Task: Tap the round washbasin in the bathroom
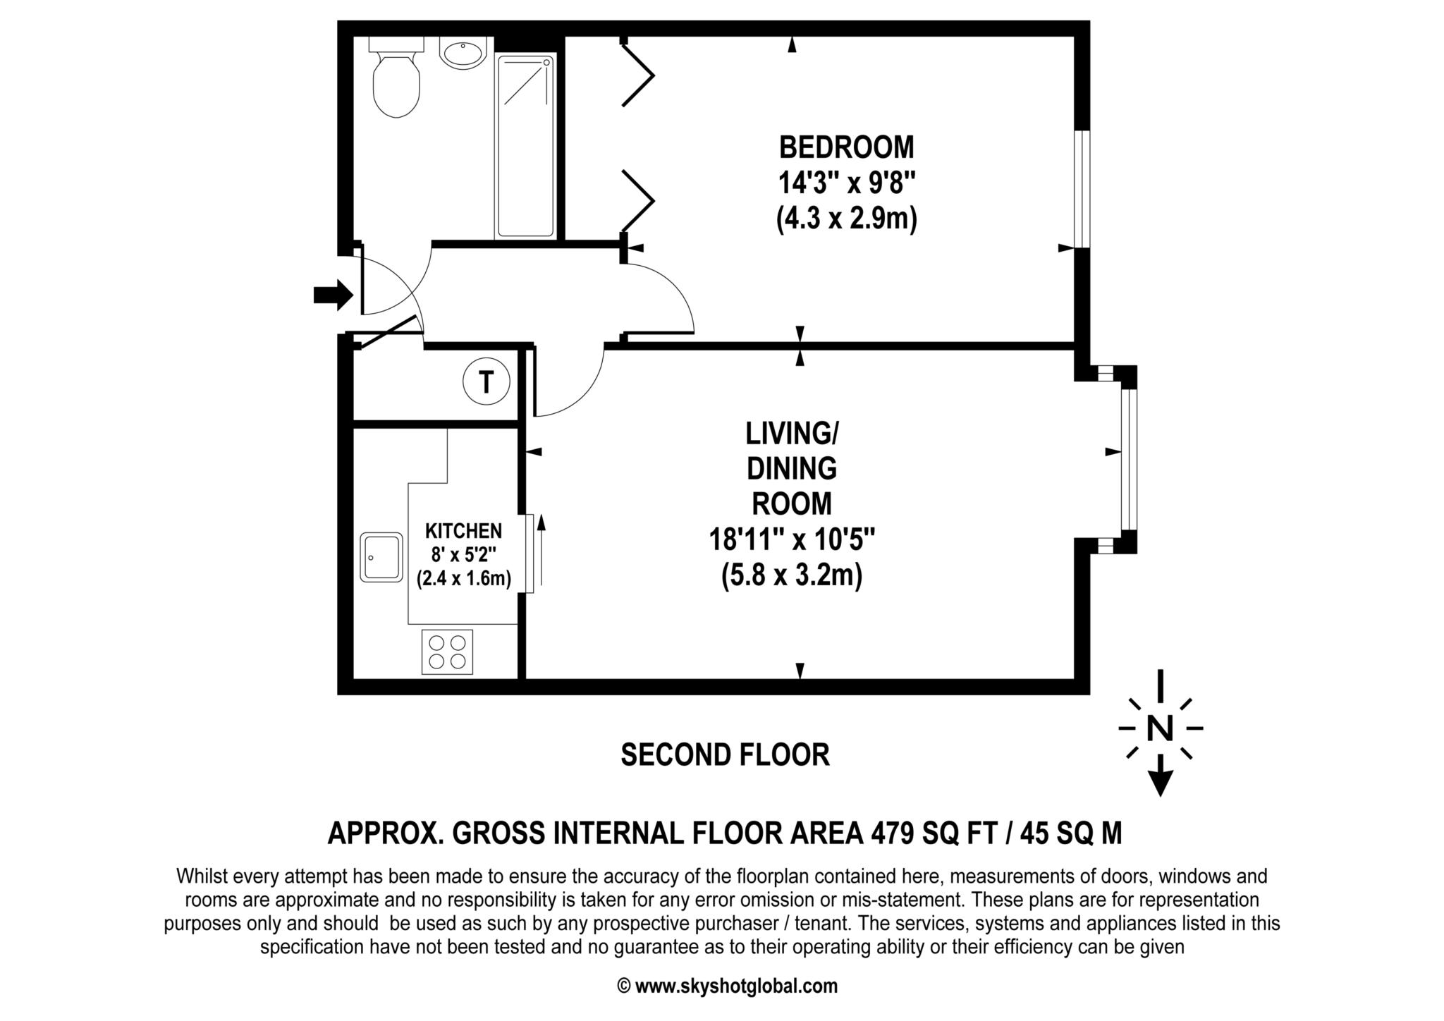(x=462, y=53)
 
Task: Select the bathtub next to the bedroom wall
(x=525, y=146)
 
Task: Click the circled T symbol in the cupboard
(x=486, y=382)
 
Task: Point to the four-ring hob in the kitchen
(x=448, y=652)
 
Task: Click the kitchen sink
(x=381, y=557)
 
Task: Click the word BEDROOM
(x=846, y=147)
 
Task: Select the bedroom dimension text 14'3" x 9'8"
(x=846, y=184)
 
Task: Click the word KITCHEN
(x=463, y=530)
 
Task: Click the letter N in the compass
(x=1160, y=728)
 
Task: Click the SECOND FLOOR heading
(x=725, y=754)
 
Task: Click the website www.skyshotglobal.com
(x=736, y=986)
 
